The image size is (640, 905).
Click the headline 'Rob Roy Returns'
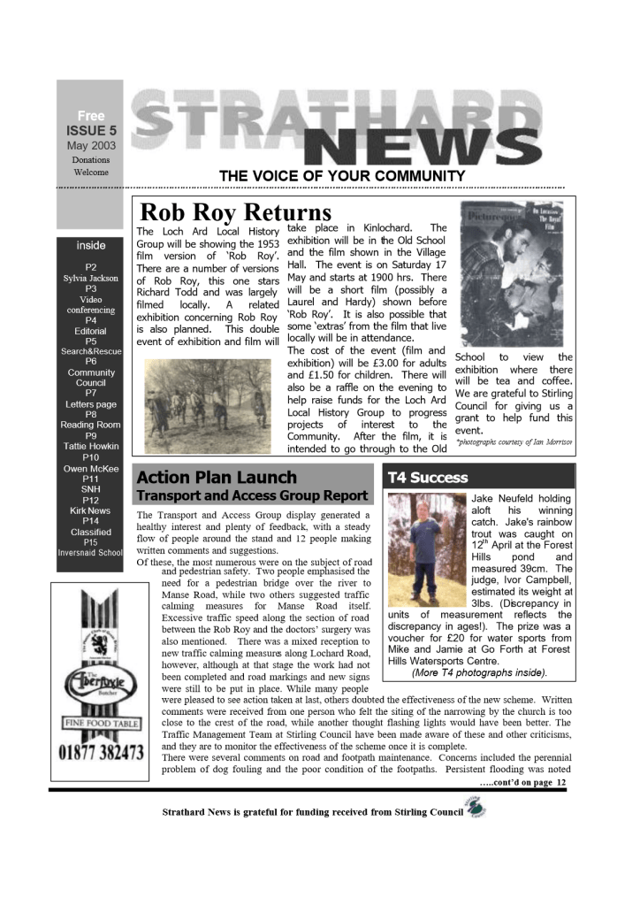coord(236,213)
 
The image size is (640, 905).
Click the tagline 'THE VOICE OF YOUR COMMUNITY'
coord(342,176)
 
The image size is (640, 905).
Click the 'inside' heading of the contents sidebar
coord(91,245)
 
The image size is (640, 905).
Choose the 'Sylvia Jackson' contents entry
coord(91,278)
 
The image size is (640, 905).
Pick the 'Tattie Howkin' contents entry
coord(91,447)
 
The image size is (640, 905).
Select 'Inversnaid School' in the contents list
coord(91,553)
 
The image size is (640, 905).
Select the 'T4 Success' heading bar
coord(428,478)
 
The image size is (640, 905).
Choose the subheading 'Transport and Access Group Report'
coord(252,496)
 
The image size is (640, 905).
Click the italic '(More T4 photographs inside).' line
coord(479,672)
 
